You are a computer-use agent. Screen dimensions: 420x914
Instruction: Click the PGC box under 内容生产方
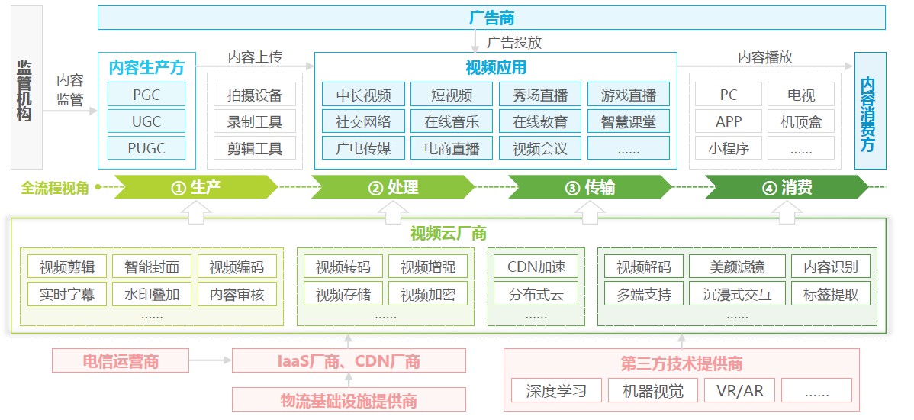point(146,95)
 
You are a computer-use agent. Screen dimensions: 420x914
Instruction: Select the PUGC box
point(146,148)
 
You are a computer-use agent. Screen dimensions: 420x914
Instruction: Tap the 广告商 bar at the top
point(491,18)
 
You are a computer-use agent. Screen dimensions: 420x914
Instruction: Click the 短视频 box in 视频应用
point(452,95)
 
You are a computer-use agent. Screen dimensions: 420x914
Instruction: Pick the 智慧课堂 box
point(628,121)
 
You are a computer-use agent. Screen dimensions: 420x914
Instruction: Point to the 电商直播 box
point(452,148)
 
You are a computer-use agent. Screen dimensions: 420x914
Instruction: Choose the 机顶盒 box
point(801,121)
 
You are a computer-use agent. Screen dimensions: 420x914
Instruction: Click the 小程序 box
point(729,148)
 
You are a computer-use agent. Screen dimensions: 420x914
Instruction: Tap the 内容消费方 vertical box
point(870,111)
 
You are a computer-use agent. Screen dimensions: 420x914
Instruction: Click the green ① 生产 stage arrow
point(195,187)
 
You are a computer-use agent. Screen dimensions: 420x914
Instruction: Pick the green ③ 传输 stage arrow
point(589,187)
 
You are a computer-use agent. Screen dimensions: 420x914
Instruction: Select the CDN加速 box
point(536,267)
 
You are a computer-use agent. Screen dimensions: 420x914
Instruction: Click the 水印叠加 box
point(151,293)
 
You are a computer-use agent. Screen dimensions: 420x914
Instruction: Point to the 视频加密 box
point(428,293)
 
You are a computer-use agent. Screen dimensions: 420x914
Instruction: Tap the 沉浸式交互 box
point(736,293)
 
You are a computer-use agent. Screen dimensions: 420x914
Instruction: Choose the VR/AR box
point(739,391)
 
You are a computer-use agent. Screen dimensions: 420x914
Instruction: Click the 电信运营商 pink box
point(121,361)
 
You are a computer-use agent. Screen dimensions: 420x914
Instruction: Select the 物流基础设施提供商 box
point(349,399)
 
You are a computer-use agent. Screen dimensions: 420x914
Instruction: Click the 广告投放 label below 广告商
point(514,42)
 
